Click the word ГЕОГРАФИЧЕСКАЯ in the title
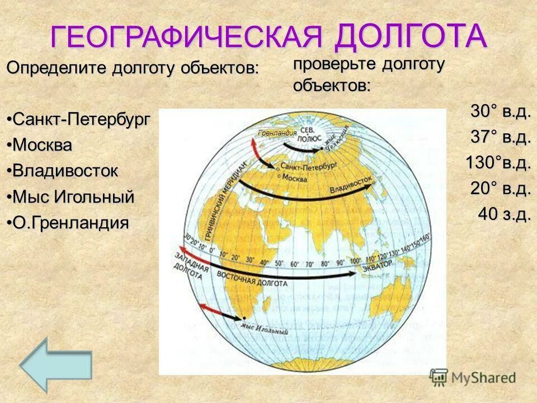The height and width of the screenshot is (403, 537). [187, 37]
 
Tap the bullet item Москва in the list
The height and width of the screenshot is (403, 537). [43, 145]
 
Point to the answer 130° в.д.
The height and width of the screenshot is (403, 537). [498, 163]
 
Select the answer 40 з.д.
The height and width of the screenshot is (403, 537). [503, 214]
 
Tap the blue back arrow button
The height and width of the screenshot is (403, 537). [56, 364]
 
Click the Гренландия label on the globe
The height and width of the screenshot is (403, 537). [277, 133]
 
